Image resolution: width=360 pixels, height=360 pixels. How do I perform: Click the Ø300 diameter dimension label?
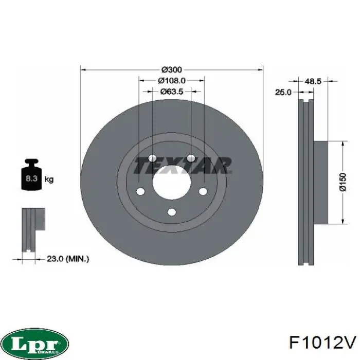(x=172, y=69)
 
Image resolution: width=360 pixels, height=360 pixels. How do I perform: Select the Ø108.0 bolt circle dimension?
(x=172, y=80)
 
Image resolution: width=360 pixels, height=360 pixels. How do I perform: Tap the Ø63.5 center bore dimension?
(x=172, y=92)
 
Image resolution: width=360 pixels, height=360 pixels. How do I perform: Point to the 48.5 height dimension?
(x=313, y=81)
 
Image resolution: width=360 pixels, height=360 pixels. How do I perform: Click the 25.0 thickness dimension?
(x=283, y=92)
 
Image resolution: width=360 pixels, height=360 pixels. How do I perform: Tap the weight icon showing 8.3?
(x=31, y=177)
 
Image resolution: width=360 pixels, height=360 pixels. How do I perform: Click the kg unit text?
(x=49, y=179)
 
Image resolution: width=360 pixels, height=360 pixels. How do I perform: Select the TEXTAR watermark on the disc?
(x=183, y=166)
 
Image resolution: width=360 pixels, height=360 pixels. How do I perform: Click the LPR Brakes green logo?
(x=35, y=342)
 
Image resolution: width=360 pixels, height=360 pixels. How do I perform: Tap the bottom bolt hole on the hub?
(x=171, y=211)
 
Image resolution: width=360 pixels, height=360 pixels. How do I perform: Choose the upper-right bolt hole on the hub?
(x=191, y=158)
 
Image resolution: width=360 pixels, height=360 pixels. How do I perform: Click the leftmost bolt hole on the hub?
(x=140, y=192)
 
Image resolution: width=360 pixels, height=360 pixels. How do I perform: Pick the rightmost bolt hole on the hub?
(x=203, y=192)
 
